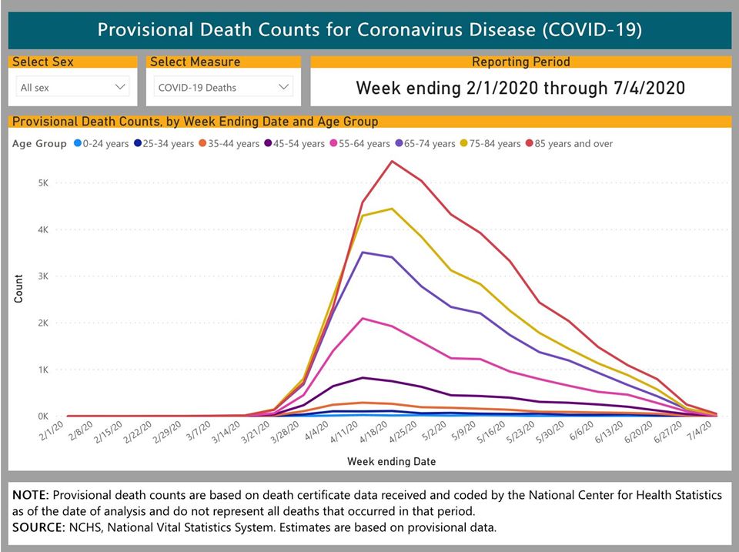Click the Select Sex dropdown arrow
click(120, 87)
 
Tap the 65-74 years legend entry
click(423, 143)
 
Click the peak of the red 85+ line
click(392, 161)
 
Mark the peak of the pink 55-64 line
click(363, 318)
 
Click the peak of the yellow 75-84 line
click(392, 209)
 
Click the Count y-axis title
click(18, 288)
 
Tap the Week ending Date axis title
click(391, 461)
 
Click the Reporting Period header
click(520, 62)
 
